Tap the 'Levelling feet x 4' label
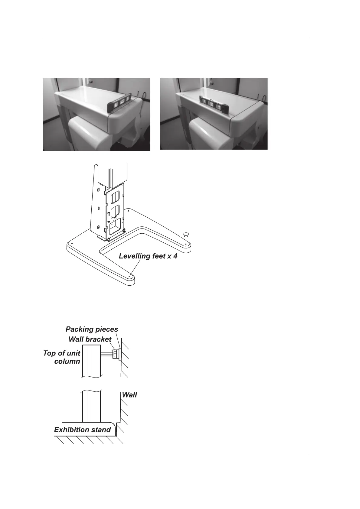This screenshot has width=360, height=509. click(x=148, y=256)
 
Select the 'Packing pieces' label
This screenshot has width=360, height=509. click(x=92, y=329)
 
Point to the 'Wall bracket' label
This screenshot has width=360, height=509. click(x=90, y=339)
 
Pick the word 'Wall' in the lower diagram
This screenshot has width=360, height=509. click(x=129, y=395)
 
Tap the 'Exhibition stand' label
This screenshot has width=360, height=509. click(x=82, y=430)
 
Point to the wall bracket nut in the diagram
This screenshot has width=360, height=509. click(x=115, y=354)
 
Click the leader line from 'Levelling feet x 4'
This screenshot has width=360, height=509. click(x=136, y=267)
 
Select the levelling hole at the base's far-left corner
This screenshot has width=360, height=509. click(x=72, y=242)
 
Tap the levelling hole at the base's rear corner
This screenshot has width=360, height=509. click(x=129, y=210)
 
